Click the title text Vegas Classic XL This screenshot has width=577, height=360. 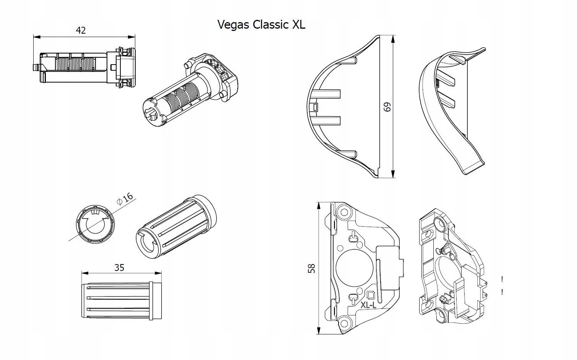click(261, 24)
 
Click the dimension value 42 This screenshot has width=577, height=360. click(81, 30)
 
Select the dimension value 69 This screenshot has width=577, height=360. click(387, 107)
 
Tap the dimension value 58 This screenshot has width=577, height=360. click(311, 269)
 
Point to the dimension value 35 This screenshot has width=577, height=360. click(119, 268)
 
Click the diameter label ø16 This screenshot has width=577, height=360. click(125, 199)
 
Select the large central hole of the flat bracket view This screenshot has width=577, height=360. click(354, 268)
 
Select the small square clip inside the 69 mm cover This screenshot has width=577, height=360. click(314, 107)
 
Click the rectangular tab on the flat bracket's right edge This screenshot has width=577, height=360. click(391, 268)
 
